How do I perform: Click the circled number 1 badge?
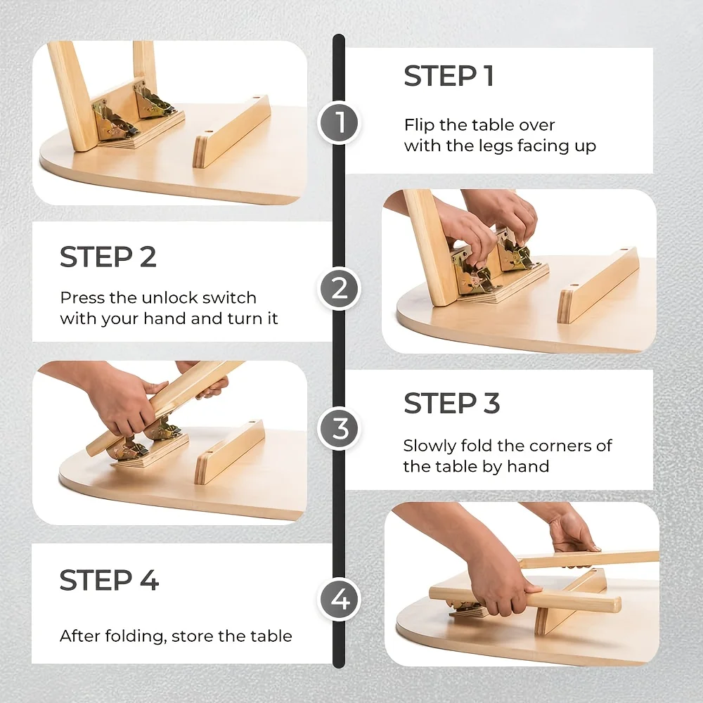[x=339, y=122]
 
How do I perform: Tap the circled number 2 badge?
[x=339, y=288]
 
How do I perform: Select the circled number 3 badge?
[x=339, y=429]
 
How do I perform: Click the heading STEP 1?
[x=449, y=76]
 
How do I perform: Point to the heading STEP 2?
[x=108, y=257]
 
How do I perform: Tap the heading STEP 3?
[x=451, y=403]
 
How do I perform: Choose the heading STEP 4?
[x=110, y=580]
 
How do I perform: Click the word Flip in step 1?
[x=419, y=124]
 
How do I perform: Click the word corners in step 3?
[x=557, y=446]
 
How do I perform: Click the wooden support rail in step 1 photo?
[x=231, y=131]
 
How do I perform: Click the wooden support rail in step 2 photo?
[x=598, y=285]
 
